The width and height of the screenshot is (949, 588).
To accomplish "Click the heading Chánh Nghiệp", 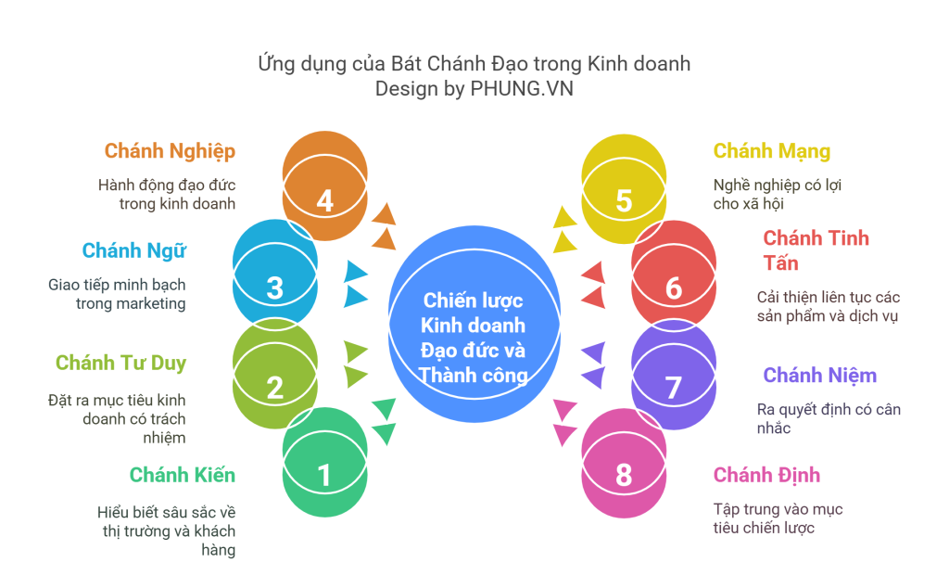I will click(x=170, y=151).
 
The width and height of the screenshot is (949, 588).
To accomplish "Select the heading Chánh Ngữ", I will click(x=134, y=250).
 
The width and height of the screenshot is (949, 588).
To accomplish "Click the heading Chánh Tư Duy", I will click(x=120, y=363).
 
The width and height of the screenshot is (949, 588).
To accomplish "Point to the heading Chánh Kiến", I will click(x=183, y=476).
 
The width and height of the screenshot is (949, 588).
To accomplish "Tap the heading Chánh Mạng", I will click(x=771, y=151).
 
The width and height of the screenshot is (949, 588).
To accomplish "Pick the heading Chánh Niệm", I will click(x=819, y=376).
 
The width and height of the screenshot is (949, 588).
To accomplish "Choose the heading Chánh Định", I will click(x=766, y=476).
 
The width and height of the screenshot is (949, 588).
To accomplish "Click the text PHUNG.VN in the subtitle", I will click(x=528, y=89).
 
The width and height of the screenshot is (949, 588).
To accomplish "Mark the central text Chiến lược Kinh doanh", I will click(x=473, y=313).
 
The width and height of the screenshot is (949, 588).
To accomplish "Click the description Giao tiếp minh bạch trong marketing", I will click(x=117, y=294).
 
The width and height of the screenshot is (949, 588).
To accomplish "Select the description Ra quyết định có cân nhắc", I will click(x=829, y=418).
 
